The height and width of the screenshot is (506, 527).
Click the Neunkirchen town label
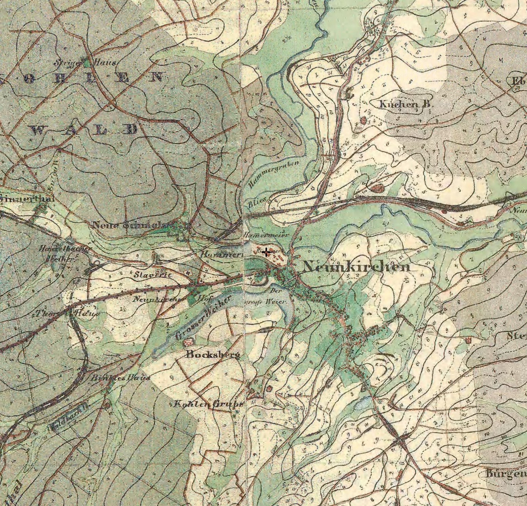click(356, 266)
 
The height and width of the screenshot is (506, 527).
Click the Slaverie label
click(152, 274)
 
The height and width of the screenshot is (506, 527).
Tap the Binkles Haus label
click(120, 378)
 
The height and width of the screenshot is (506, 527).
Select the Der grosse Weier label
click(268, 296)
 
